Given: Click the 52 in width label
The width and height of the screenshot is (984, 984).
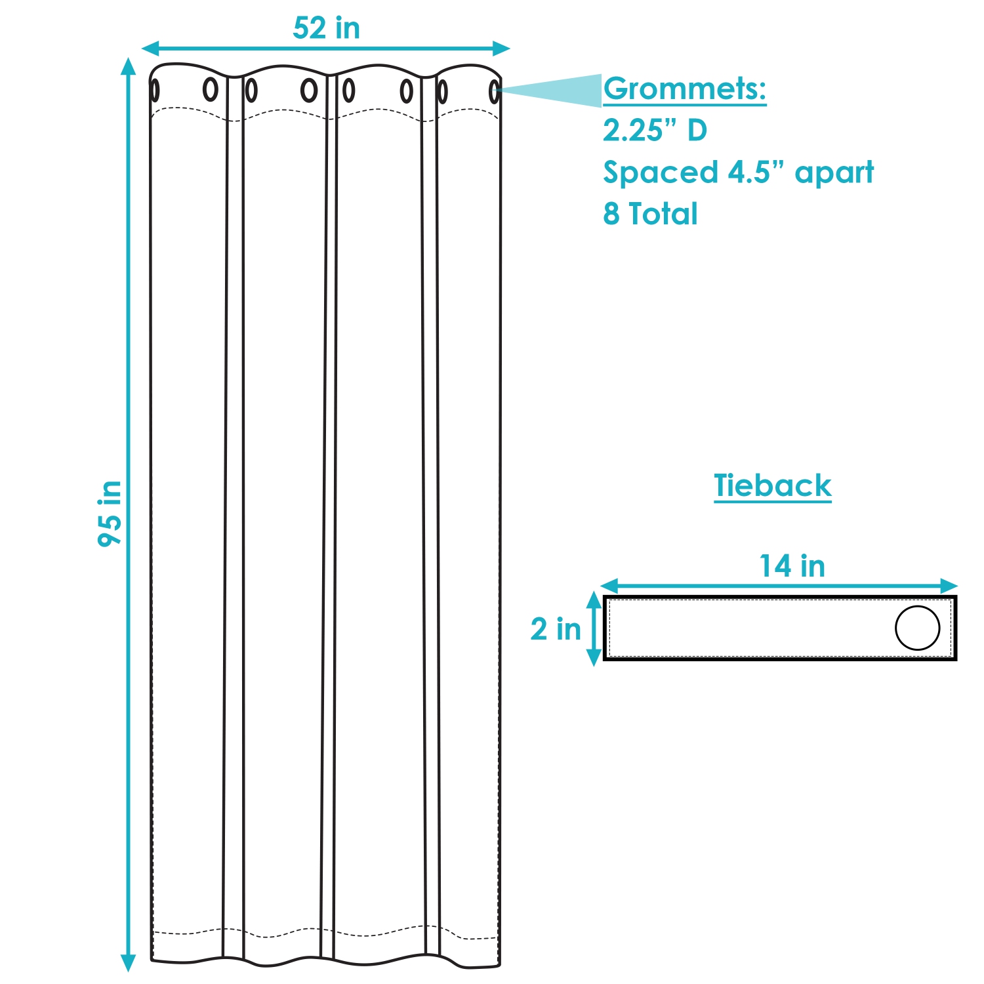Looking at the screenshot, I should coord(326,28).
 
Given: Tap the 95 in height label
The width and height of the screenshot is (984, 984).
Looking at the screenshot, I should coord(110,513).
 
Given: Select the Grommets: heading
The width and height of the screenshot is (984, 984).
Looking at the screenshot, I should coord(684,89).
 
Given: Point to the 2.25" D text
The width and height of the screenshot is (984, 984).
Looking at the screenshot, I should coord(655,131).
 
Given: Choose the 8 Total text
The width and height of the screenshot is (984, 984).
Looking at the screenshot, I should coord(650,214).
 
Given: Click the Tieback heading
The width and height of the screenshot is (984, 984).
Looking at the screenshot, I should coord(772,486).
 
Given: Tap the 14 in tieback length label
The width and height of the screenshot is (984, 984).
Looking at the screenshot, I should coord(792,566).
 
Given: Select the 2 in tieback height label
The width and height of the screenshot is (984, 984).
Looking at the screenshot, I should coord(556,629).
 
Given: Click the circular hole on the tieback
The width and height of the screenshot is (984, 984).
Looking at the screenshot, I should coord(917,628).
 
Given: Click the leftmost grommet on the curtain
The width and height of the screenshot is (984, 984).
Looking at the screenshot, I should coord(155,91).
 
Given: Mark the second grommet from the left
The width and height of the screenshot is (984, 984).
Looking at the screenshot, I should coord(210,89).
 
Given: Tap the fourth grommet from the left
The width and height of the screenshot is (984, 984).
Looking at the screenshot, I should coord(309,91).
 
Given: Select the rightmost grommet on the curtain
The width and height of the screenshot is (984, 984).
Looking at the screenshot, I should coord(495,92).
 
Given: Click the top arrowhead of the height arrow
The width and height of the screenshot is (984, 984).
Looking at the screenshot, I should coord(129,66).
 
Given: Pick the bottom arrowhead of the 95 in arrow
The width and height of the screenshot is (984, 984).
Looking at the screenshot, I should coord(129,962).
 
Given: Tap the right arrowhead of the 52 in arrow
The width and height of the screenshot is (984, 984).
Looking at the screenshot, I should coord(502,49).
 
